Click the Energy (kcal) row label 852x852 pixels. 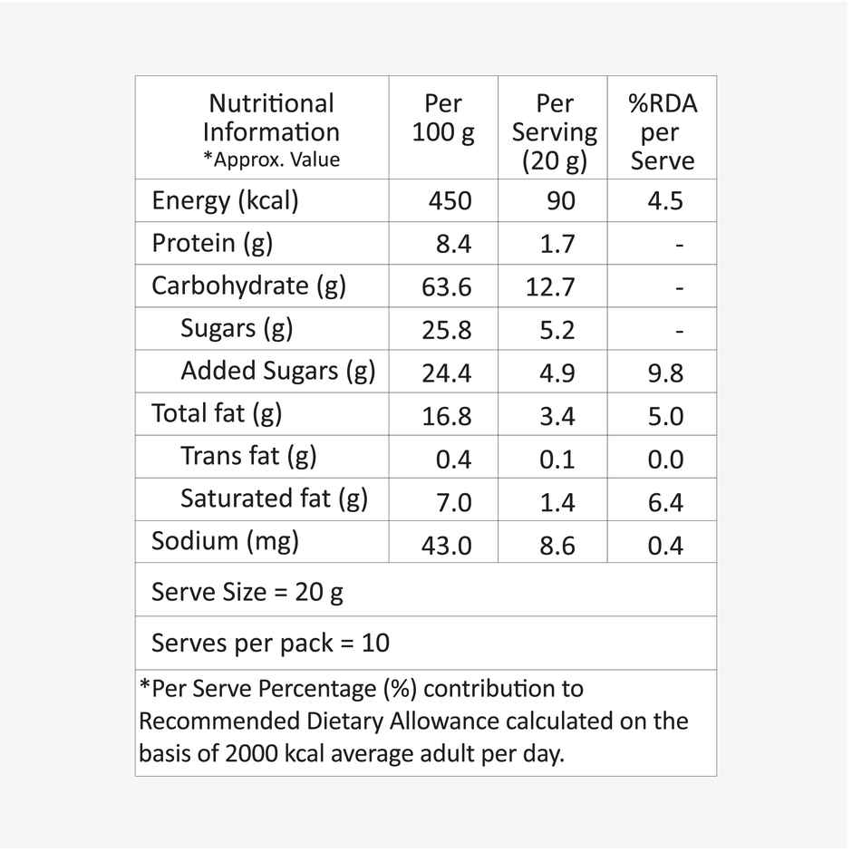click(x=225, y=200)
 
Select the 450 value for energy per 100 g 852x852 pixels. click(x=450, y=200)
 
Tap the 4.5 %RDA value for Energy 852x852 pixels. click(x=665, y=200)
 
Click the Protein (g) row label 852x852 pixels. click(x=212, y=243)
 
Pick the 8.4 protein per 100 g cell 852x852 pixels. click(x=453, y=244)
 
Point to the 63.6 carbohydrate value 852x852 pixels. click(x=447, y=286)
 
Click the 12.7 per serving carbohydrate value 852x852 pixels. click(x=550, y=286)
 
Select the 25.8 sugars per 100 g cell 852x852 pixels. click(x=447, y=329)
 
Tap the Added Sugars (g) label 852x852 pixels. click(x=277, y=371)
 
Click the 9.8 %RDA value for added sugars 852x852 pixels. click(x=665, y=373)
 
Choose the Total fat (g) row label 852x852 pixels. click(x=217, y=413)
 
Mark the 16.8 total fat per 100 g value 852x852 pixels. click(x=447, y=416)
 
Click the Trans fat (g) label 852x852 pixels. click(x=248, y=455)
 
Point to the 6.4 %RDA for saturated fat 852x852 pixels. click(x=665, y=501)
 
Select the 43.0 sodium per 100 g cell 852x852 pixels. click(x=447, y=545)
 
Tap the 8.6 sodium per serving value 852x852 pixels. click(x=557, y=545)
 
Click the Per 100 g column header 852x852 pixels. click(x=443, y=118)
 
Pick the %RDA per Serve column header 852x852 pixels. click(x=663, y=131)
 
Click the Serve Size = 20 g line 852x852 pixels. click(x=247, y=592)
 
